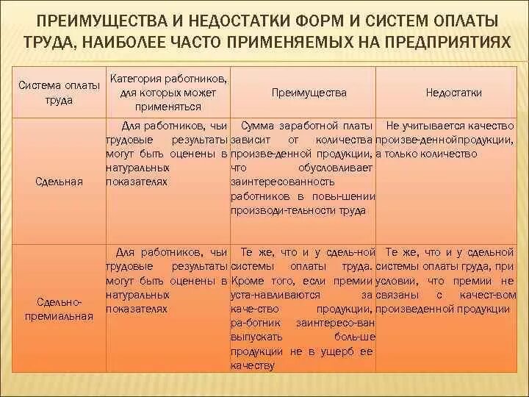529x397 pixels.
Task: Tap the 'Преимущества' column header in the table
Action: click(309, 93)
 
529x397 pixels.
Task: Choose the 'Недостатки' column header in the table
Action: click(453, 93)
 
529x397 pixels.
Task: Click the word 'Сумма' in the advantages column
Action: click(257, 126)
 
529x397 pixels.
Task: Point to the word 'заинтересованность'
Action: click(276, 182)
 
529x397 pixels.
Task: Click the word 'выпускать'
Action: click(253, 337)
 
